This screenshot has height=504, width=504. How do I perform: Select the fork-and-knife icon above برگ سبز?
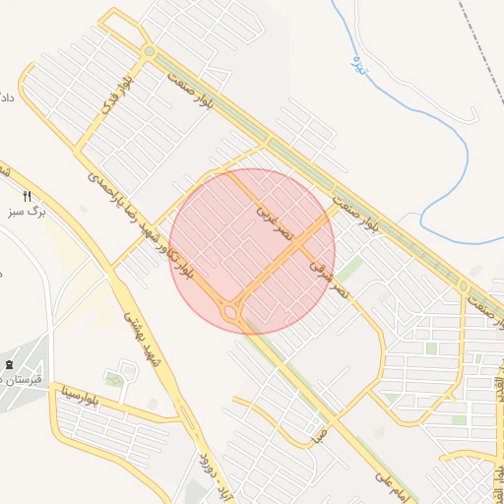(28, 195)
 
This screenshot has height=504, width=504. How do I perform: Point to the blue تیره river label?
(360, 64)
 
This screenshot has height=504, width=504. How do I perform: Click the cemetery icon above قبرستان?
(9, 366)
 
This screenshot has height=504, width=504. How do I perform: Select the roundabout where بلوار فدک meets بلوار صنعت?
(149, 51)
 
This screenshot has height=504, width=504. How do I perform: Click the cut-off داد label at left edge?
(6, 98)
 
